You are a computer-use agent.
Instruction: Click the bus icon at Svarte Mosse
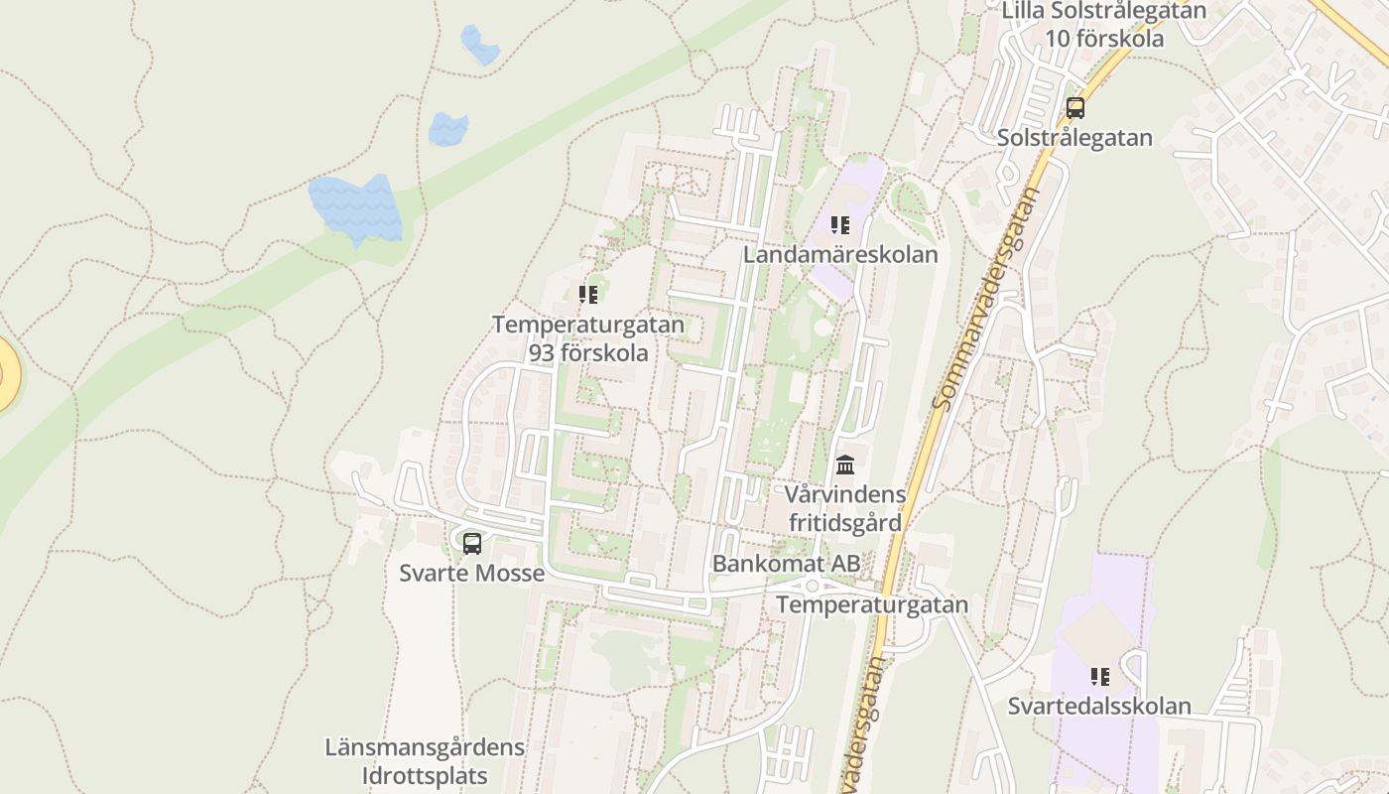tap(472, 543)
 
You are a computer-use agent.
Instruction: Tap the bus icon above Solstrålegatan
tap(1075, 108)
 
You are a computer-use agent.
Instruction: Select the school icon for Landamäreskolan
tap(840, 225)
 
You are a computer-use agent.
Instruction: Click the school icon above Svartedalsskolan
tap(1099, 677)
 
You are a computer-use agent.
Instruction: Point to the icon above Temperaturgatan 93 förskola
tap(588, 295)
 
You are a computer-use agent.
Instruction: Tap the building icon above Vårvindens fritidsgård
tap(845, 463)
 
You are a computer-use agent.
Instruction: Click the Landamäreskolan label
tap(840, 255)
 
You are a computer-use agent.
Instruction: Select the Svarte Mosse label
tap(472, 574)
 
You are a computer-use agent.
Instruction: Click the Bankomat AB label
tap(786, 564)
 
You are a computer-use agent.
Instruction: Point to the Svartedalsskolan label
tap(1099, 707)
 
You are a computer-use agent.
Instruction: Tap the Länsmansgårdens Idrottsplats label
tap(425, 760)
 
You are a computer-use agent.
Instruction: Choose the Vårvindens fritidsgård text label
tap(845, 508)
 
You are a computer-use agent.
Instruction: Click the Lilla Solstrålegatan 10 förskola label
tap(1103, 25)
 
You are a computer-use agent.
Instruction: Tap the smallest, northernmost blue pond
tap(480, 46)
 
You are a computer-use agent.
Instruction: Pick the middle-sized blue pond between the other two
tap(448, 129)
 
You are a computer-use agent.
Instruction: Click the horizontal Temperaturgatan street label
tap(872, 604)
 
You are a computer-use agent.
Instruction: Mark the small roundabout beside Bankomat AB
tap(812, 586)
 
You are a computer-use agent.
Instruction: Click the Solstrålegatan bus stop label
tap(1075, 138)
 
